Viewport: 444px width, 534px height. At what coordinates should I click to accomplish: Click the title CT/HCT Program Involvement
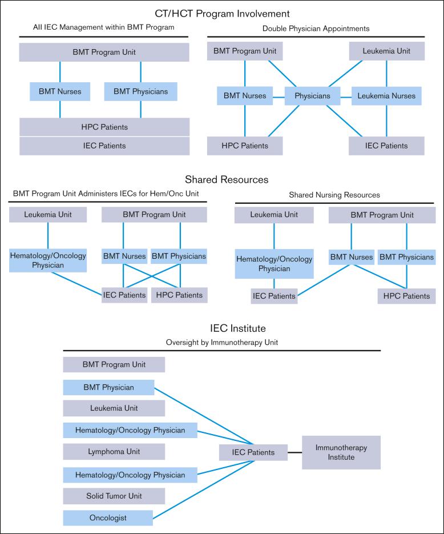(x=221, y=13)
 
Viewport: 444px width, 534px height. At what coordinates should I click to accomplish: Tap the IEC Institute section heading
(x=221, y=328)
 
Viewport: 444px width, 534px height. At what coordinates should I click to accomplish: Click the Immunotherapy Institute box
(x=341, y=452)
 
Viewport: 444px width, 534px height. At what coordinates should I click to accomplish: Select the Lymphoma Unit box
(x=114, y=452)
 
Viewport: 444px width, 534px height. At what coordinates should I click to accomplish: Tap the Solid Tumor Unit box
(x=114, y=496)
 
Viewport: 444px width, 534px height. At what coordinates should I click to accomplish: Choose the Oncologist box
(x=108, y=518)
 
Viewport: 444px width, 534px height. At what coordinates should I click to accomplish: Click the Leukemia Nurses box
(x=386, y=96)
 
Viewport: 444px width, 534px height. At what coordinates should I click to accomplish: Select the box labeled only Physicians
(x=312, y=96)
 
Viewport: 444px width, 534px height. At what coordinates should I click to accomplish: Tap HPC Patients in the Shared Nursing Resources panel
(x=406, y=296)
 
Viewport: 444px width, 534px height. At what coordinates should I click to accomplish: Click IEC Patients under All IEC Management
(x=104, y=146)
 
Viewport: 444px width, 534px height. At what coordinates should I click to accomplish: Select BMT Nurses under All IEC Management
(x=60, y=91)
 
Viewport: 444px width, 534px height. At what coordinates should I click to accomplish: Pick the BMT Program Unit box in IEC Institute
(x=114, y=364)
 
